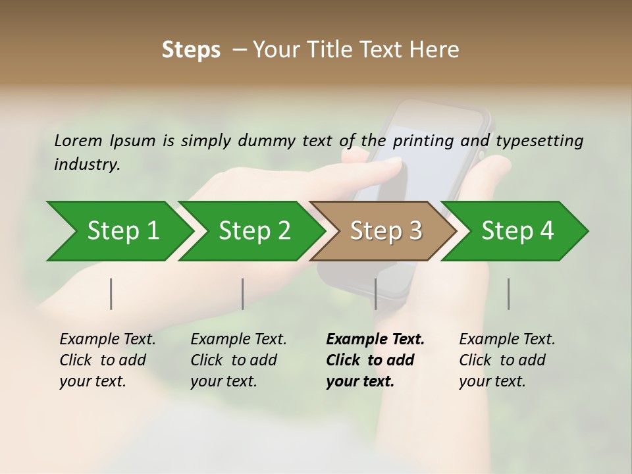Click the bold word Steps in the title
pyautogui.click(x=191, y=50)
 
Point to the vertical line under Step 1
pyautogui.click(x=111, y=294)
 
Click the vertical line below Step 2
pyautogui.click(x=243, y=294)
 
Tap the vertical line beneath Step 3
pyautogui.click(x=376, y=294)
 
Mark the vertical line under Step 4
pyautogui.click(x=509, y=294)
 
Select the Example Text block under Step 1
pyautogui.click(x=107, y=360)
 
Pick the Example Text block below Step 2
pyautogui.click(x=238, y=360)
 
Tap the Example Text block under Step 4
pyautogui.click(x=506, y=360)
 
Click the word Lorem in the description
pyautogui.click(x=78, y=140)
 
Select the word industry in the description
pyautogui.click(x=86, y=164)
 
